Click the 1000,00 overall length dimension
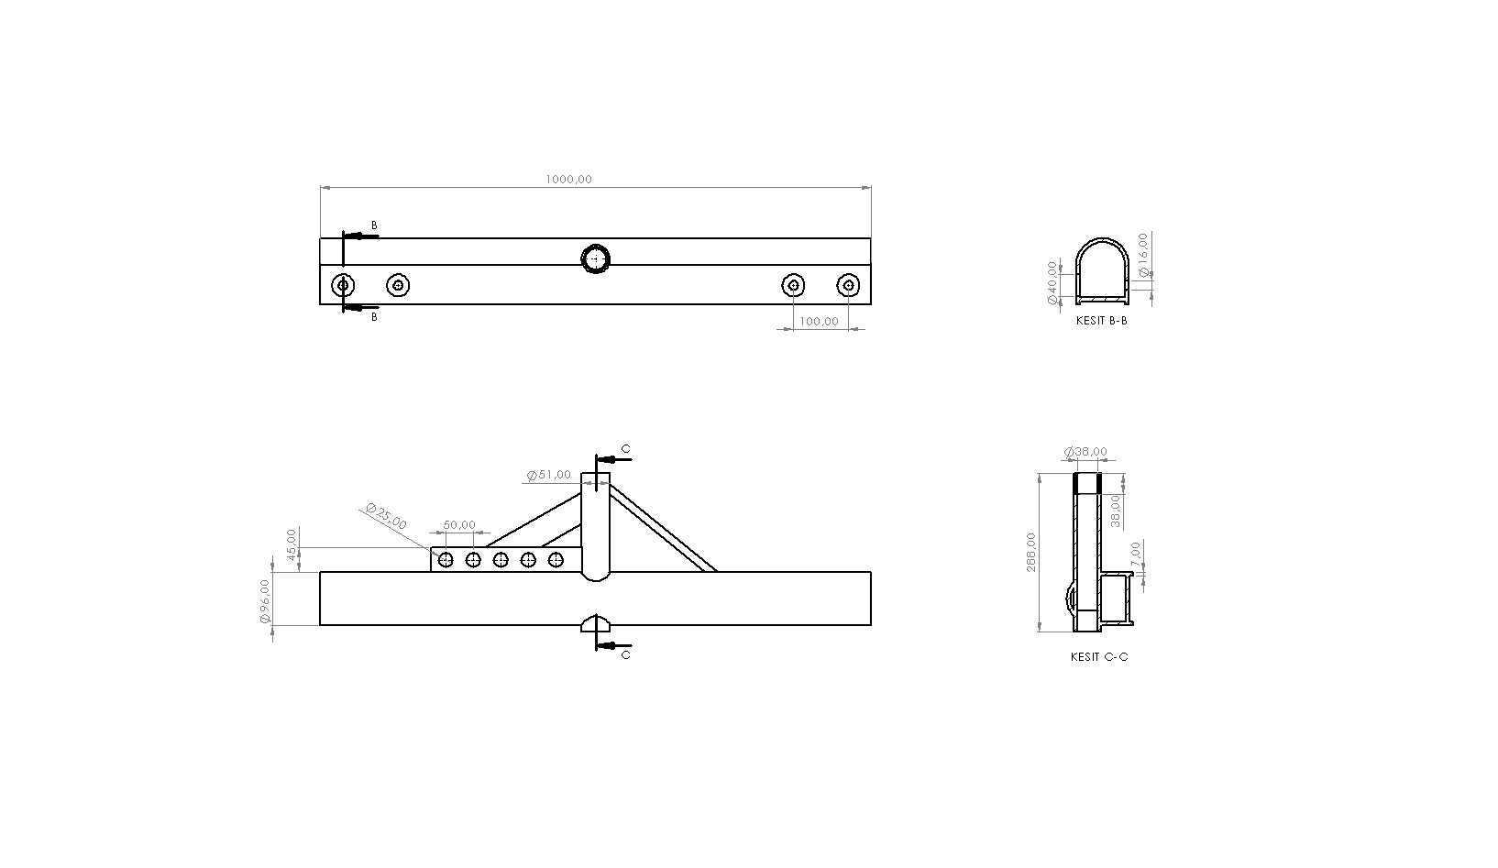(x=568, y=180)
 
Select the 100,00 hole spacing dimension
(x=819, y=322)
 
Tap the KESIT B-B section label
(x=1101, y=322)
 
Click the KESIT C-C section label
(x=1098, y=657)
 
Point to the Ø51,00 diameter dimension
(x=549, y=475)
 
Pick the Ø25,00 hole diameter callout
(x=386, y=516)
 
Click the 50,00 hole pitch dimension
(x=459, y=525)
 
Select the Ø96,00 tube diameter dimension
(x=265, y=601)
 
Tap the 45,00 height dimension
(x=292, y=544)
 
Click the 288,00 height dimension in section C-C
(x=1032, y=552)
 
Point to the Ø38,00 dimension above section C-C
(x=1085, y=452)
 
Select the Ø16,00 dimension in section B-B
(x=1142, y=256)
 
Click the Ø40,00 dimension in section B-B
(x=1052, y=283)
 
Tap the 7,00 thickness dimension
(x=1136, y=554)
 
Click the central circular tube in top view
(x=596, y=259)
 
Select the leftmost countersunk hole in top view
(x=343, y=285)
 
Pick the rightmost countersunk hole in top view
(x=849, y=285)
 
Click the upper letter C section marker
(x=626, y=449)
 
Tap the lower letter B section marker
(x=374, y=317)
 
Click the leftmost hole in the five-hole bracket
(x=446, y=560)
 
